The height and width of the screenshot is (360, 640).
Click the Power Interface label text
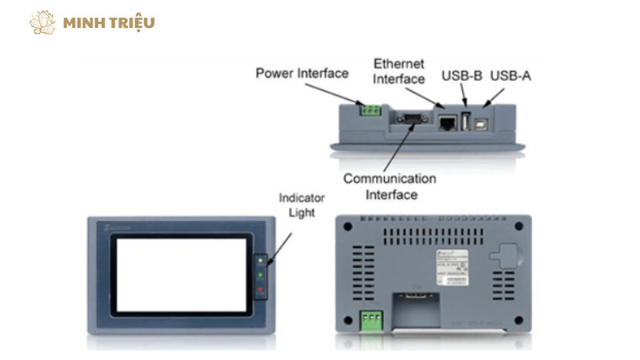302,74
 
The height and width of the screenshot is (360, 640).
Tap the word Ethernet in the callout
398,63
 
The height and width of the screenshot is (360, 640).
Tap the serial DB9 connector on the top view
410,120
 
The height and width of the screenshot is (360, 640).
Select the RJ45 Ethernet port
448,122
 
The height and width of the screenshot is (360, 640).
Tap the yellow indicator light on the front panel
260,260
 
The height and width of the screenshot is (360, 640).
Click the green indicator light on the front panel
260,274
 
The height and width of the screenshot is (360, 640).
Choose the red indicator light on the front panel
260,288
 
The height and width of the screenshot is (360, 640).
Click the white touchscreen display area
183,274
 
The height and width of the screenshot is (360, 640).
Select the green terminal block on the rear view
369,321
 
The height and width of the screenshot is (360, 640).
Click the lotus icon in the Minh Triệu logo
42,22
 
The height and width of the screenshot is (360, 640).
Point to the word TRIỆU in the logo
131,22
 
